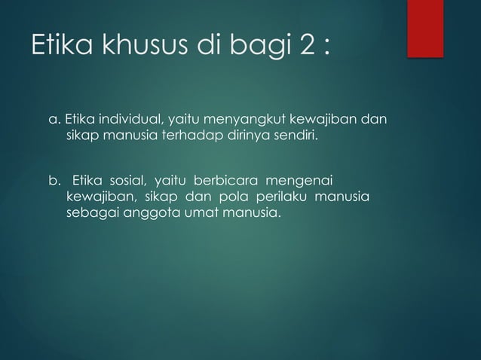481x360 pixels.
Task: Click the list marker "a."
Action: point(54,120)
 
